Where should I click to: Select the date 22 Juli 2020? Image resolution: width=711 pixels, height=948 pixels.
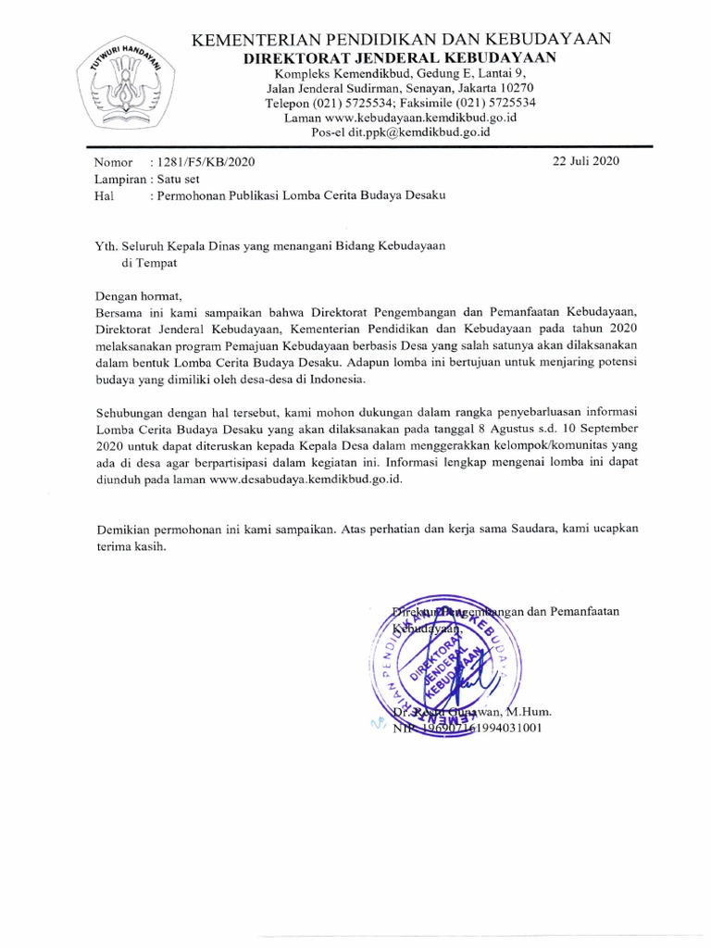585,160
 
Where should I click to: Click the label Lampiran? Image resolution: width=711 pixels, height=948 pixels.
119,179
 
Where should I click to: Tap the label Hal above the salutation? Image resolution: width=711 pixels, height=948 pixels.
103,196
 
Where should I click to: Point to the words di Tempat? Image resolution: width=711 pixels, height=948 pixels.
149,262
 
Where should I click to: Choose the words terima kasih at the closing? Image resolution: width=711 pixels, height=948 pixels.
131,547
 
